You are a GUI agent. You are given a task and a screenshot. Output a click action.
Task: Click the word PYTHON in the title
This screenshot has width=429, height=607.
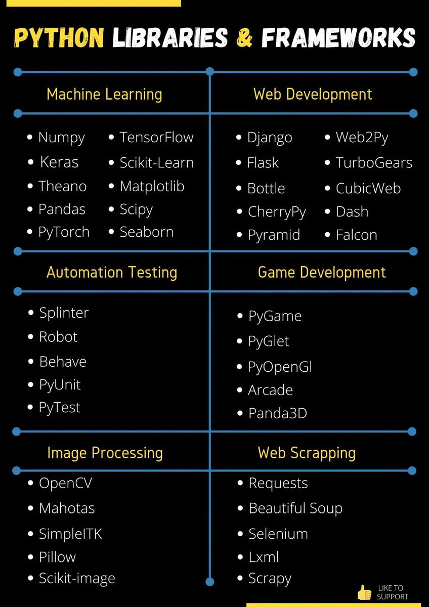(x=59, y=38)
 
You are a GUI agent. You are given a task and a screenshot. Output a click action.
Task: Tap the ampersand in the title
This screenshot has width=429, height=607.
(x=244, y=38)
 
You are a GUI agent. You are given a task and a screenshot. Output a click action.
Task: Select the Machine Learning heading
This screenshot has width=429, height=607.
(x=104, y=94)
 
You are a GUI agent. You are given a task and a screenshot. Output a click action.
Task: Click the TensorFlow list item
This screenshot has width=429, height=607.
(x=156, y=138)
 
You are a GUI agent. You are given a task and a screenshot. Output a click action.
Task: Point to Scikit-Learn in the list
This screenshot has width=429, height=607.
(x=156, y=163)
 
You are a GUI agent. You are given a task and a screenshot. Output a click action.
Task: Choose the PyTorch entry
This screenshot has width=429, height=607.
(x=64, y=232)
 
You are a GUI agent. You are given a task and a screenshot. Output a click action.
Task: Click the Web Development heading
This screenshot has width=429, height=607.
(x=313, y=94)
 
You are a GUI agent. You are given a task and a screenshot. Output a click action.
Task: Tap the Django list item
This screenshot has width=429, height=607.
(x=270, y=138)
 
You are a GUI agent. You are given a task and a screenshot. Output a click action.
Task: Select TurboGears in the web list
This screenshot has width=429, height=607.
(x=374, y=163)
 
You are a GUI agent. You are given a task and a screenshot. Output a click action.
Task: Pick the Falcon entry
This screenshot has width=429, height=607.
(x=356, y=235)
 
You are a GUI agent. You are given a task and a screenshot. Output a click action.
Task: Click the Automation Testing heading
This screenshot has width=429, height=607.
(x=112, y=272)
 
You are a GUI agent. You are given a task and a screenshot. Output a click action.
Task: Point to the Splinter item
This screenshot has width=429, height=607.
(x=64, y=313)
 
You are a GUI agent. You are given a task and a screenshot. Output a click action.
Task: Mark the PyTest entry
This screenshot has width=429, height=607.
(x=60, y=408)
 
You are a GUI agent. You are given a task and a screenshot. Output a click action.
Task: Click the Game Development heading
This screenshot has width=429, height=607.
(x=322, y=272)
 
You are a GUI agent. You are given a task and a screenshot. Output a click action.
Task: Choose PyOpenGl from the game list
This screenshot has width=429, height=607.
(x=280, y=367)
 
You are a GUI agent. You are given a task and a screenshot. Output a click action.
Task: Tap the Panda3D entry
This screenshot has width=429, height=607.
(x=277, y=413)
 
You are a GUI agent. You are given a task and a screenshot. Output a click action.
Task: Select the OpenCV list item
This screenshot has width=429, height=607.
(x=65, y=484)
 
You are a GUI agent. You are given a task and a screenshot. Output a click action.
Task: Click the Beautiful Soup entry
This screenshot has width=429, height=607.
(x=295, y=508)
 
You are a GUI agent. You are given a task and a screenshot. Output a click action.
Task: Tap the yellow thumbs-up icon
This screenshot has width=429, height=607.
(x=364, y=592)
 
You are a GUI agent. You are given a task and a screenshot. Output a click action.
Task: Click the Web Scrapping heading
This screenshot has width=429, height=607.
(x=307, y=453)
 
